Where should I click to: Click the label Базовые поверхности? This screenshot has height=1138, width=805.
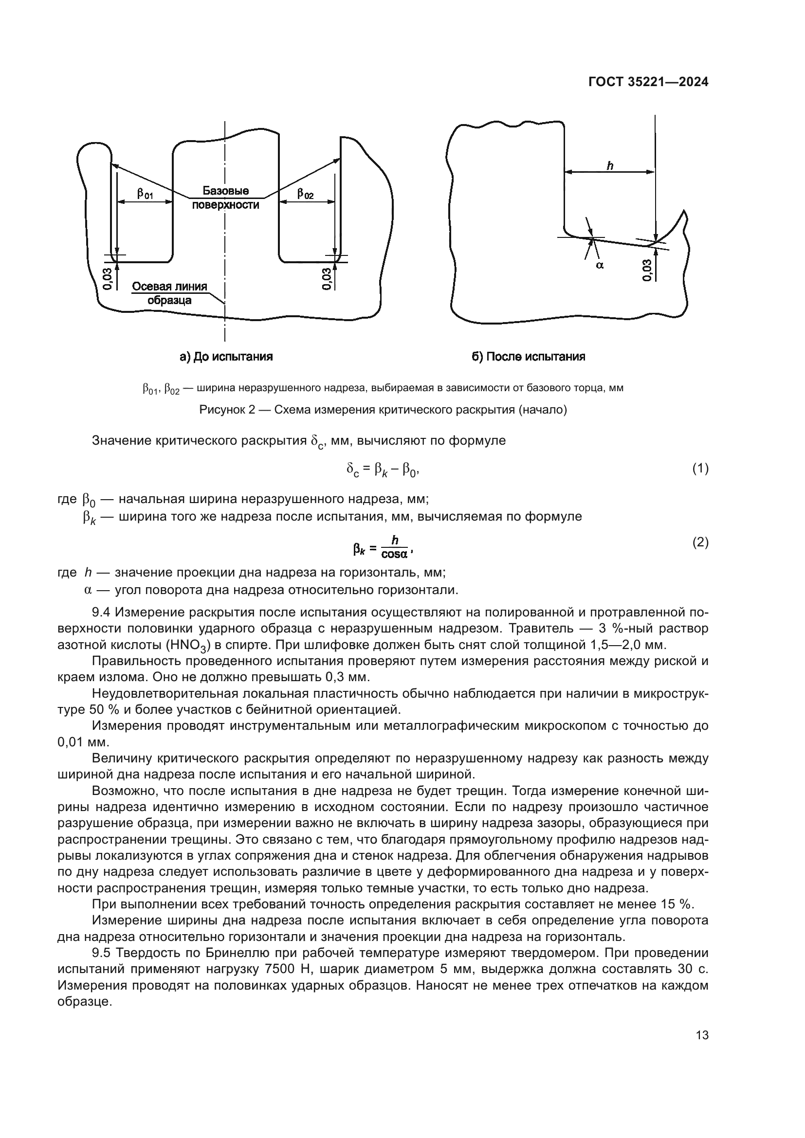pos(225,198)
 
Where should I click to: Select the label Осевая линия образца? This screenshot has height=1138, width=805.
pos(169,293)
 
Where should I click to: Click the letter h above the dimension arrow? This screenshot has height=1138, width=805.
pos(610,166)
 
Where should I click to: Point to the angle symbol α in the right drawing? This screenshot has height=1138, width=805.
pos(599,266)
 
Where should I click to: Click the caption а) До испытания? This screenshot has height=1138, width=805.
pos(226,356)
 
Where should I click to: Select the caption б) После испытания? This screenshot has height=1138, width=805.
pos(528,356)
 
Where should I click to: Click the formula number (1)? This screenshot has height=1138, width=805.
pos(700,469)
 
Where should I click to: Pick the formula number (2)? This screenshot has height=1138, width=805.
pos(700,543)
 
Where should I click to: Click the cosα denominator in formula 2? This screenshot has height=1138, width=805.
pos(395,554)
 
